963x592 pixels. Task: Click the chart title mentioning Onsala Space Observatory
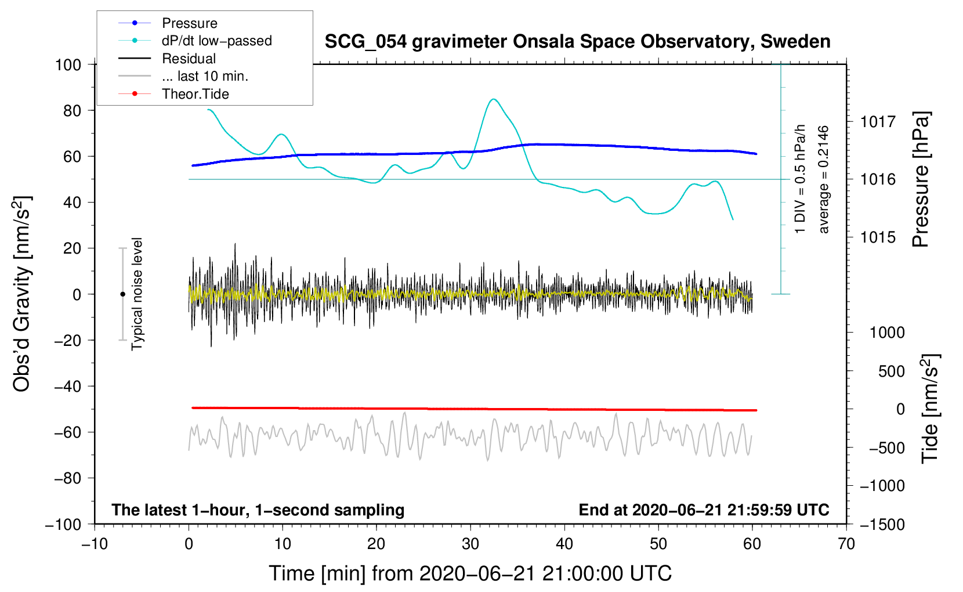pyautogui.click(x=577, y=42)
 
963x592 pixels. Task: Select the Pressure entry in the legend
pyautogui.click(x=189, y=23)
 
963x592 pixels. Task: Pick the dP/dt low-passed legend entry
pyautogui.click(x=216, y=41)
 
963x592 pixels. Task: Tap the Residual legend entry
pyautogui.click(x=189, y=59)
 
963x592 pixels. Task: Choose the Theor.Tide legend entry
pyautogui.click(x=195, y=94)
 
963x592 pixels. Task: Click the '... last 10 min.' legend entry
pyautogui.click(x=205, y=76)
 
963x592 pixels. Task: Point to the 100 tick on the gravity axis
pyautogui.click(x=68, y=64)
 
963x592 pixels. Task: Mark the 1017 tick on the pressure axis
pyautogui.click(x=878, y=122)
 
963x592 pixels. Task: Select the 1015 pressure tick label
pyautogui.click(x=878, y=237)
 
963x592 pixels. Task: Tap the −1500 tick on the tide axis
pyautogui.click(x=882, y=524)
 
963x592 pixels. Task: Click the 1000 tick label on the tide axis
pyautogui.click(x=886, y=333)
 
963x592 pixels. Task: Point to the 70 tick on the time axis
pyautogui.click(x=846, y=544)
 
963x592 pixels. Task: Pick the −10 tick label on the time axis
pyautogui.click(x=95, y=544)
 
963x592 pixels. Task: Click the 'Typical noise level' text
pyautogui.click(x=137, y=294)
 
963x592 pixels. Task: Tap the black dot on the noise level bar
pyautogui.click(x=122, y=294)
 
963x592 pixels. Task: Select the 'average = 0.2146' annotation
pyautogui.click(x=824, y=180)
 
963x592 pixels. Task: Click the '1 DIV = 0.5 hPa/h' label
pyautogui.click(x=801, y=179)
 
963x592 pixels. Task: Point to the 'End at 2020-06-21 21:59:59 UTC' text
pyautogui.click(x=704, y=510)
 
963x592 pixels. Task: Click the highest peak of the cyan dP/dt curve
pyautogui.click(x=493, y=99)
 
